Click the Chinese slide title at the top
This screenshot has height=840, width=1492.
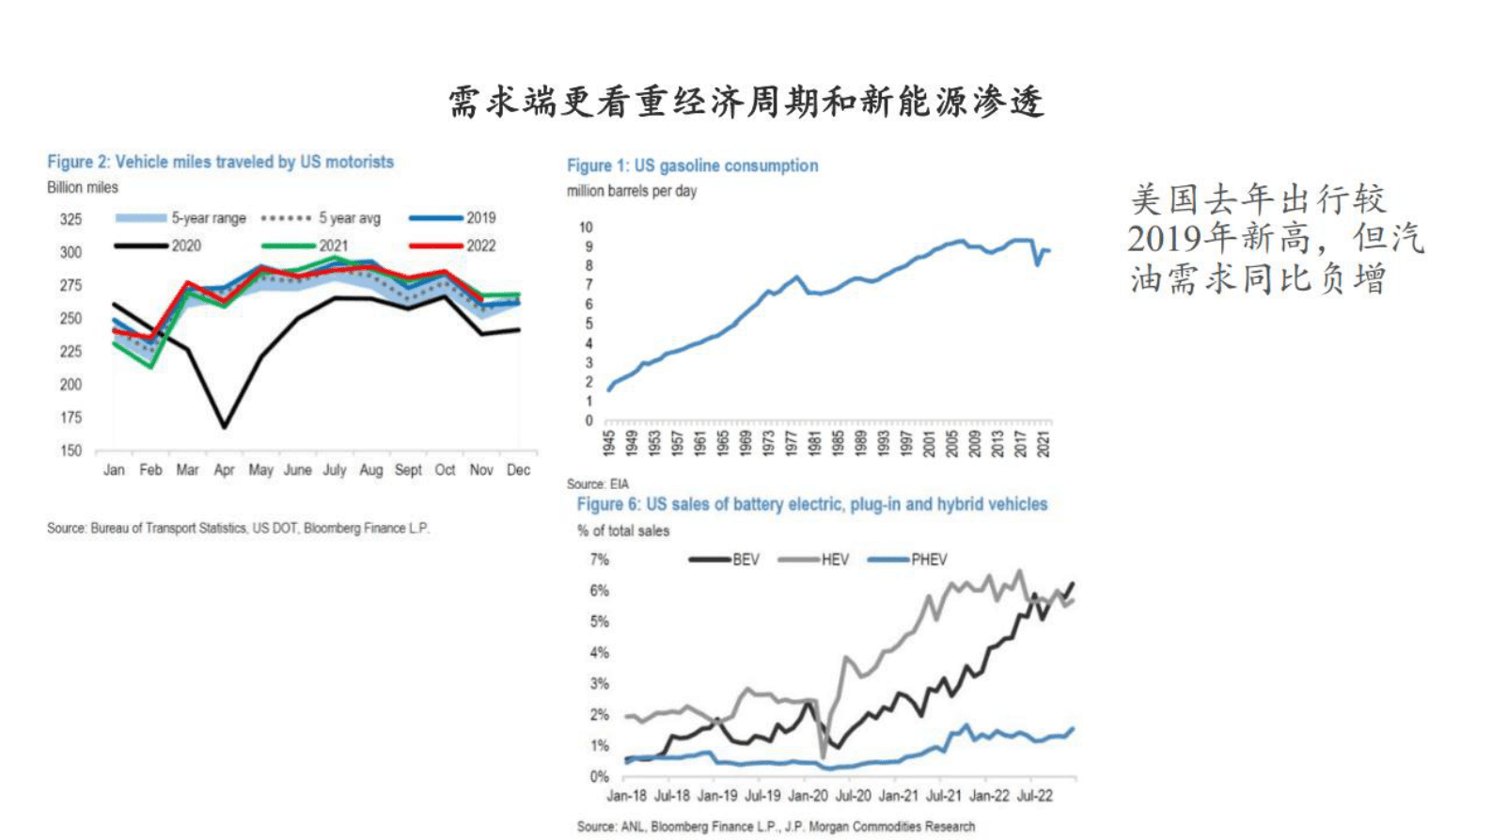(x=746, y=102)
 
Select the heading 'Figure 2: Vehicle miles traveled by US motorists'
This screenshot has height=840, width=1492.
(x=220, y=162)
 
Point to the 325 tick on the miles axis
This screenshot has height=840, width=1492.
(x=71, y=219)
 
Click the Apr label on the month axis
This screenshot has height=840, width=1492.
(x=224, y=469)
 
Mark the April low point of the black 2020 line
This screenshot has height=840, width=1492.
(x=224, y=427)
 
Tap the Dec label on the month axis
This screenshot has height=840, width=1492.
(x=518, y=469)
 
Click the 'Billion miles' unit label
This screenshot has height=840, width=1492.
(x=83, y=187)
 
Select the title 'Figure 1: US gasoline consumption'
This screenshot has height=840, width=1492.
(x=692, y=166)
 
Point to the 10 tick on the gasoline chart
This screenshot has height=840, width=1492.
(x=586, y=228)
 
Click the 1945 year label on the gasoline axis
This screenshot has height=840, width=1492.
(x=609, y=443)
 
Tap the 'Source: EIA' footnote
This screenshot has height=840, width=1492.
(x=597, y=483)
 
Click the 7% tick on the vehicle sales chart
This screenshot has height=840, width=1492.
(x=599, y=560)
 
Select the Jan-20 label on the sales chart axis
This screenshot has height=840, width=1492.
(x=808, y=796)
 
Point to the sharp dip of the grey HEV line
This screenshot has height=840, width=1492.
(x=824, y=755)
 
